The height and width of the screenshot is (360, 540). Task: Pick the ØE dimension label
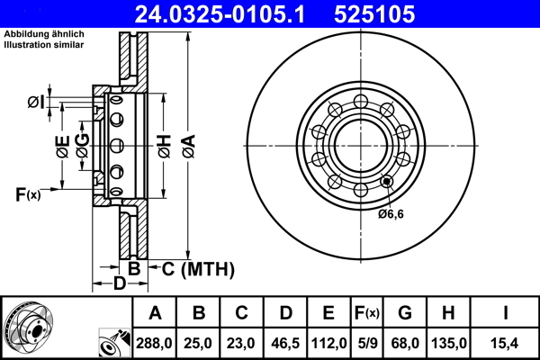(x=62, y=147)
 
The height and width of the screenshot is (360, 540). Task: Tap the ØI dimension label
(x=36, y=102)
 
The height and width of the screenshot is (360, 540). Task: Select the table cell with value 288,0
(x=155, y=343)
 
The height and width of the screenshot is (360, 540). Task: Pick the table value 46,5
(x=285, y=343)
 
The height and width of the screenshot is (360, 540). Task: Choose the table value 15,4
(x=506, y=343)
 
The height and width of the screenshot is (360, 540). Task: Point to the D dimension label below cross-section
(x=119, y=285)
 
